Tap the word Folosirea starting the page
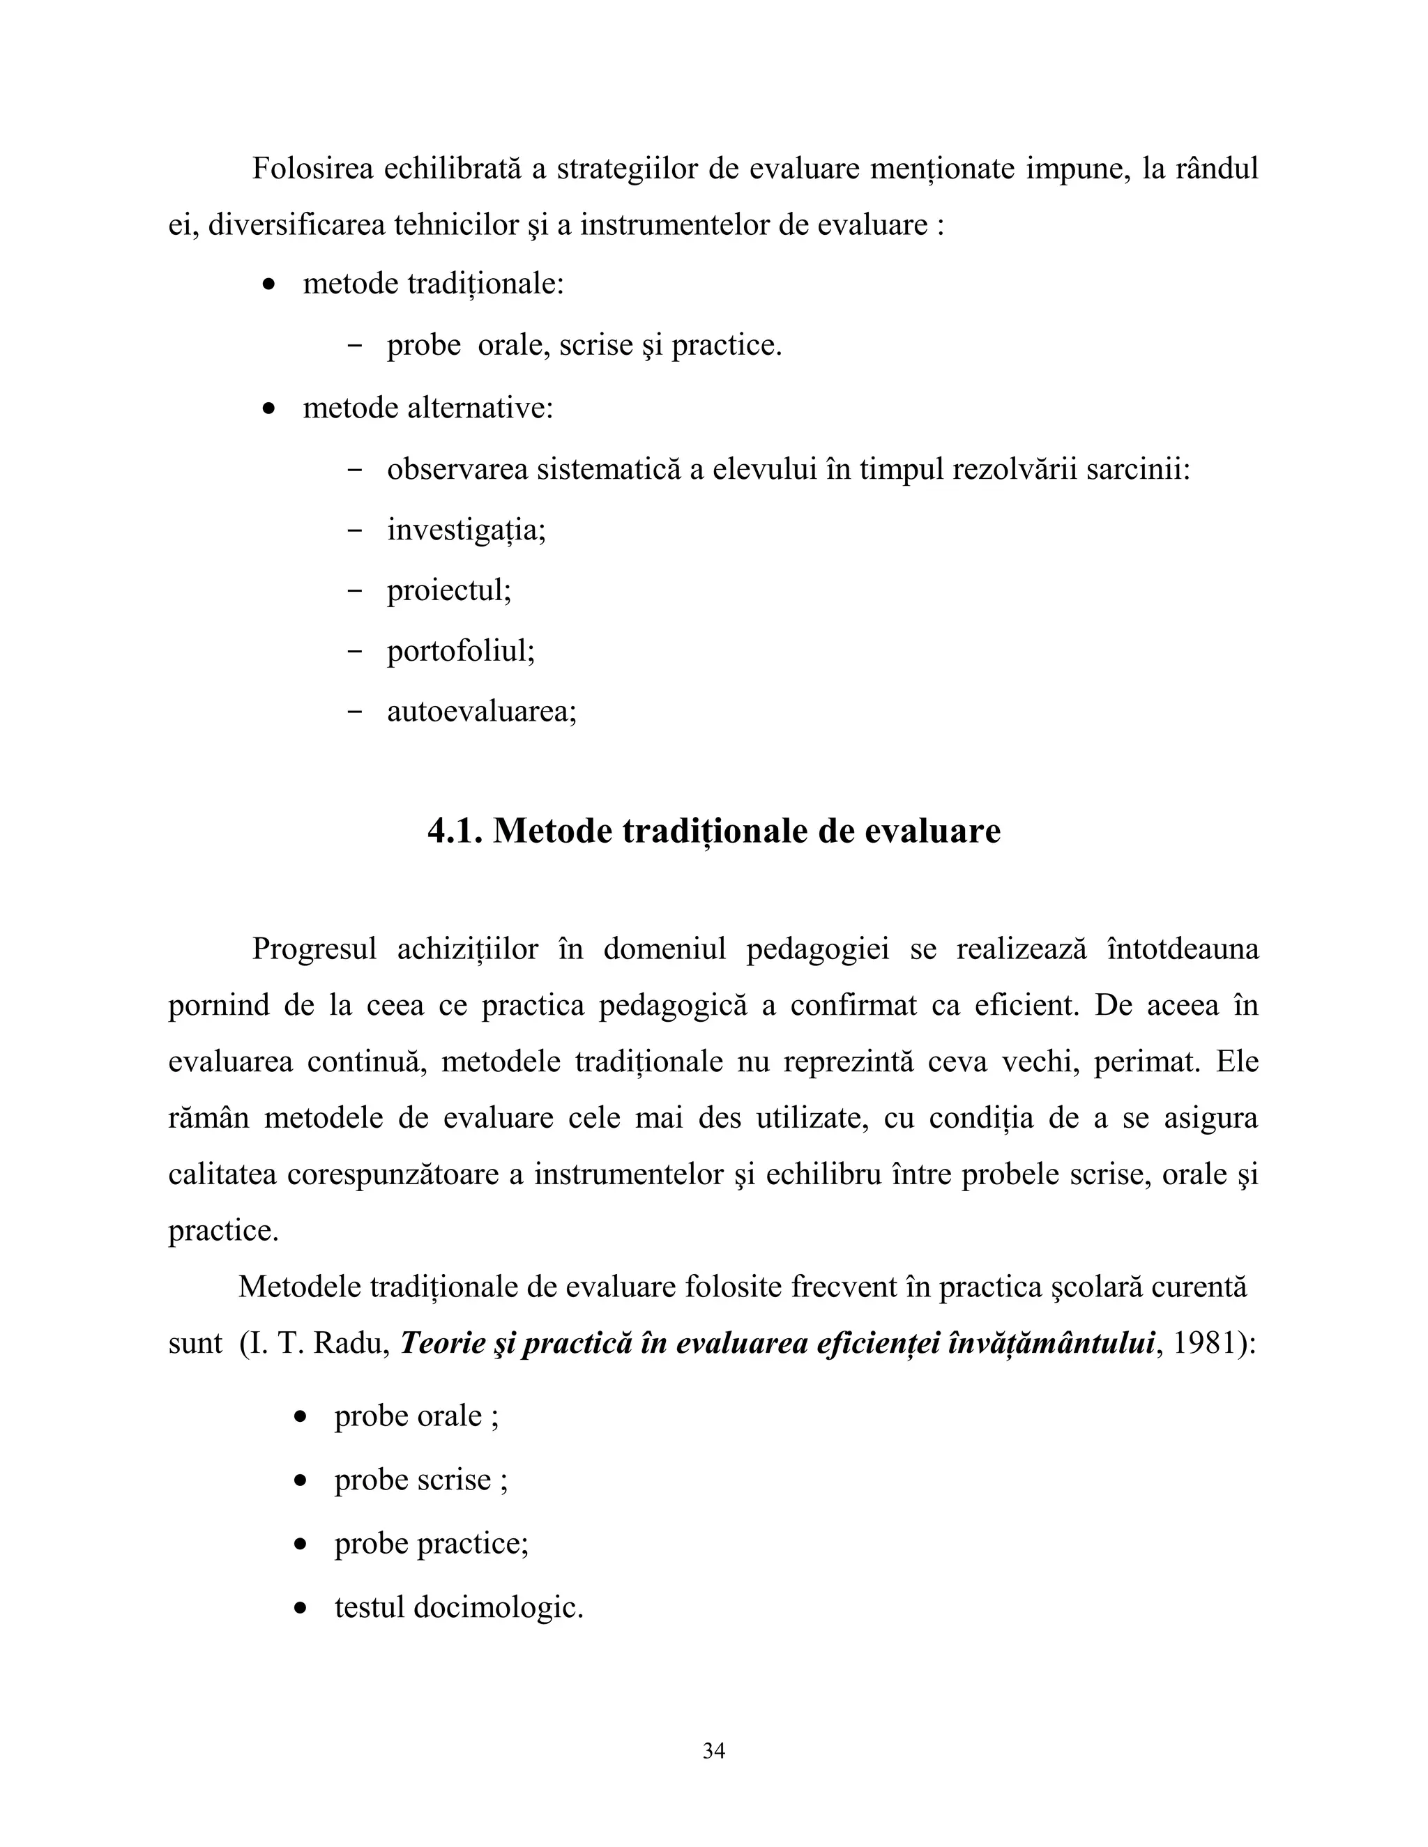(x=312, y=169)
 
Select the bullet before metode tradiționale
(x=269, y=286)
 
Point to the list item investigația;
(x=466, y=530)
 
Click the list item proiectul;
(x=449, y=590)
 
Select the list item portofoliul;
(x=461, y=651)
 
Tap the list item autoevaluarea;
(x=481, y=711)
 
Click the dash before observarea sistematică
(x=356, y=470)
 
